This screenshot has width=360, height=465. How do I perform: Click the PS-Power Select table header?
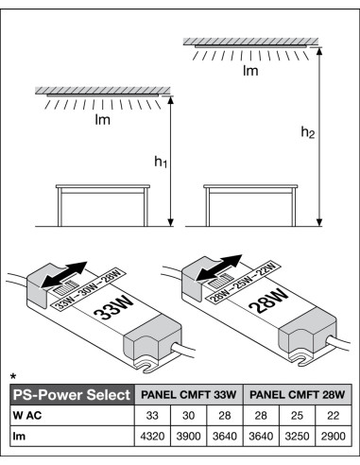tap(68, 394)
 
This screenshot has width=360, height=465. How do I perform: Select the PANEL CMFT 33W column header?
tap(188, 394)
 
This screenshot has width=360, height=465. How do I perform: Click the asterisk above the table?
tap(12, 375)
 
